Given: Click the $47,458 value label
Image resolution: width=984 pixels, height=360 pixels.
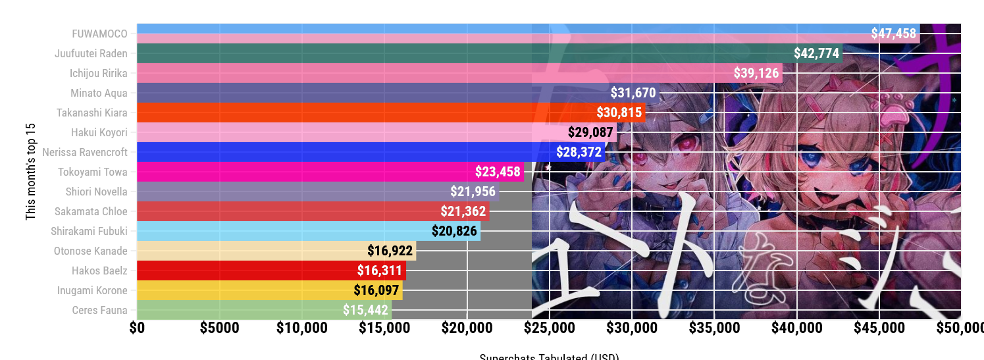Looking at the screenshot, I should [893, 34].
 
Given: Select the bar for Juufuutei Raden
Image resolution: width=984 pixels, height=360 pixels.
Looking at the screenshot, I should [461, 53].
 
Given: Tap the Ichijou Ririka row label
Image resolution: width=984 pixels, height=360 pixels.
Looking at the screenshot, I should [99, 73].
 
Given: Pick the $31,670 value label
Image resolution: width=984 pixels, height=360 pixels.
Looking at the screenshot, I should [633, 93].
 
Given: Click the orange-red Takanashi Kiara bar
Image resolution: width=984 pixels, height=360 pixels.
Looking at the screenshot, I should [362, 113].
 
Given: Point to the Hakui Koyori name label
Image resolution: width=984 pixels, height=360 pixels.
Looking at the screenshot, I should [99, 132].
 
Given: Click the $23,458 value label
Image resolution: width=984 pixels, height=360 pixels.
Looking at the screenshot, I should [498, 172].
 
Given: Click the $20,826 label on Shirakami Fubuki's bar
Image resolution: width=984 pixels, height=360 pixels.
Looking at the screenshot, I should [454, 231].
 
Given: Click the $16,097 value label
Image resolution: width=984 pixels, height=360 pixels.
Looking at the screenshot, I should [376, 290].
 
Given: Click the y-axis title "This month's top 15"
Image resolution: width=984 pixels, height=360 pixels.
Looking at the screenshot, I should [30, 171].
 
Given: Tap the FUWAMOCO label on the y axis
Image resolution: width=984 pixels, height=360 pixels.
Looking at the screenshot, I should [100, 34].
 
